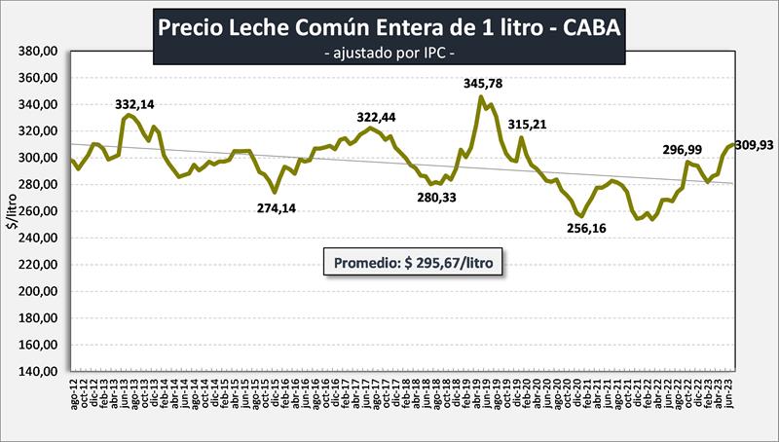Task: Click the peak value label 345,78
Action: [484, 84]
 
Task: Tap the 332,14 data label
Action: [135, 104]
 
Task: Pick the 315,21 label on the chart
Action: [531, 124]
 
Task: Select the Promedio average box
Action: [413, 263]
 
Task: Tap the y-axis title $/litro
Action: [13, 211]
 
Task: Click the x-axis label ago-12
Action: [75, 399]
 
